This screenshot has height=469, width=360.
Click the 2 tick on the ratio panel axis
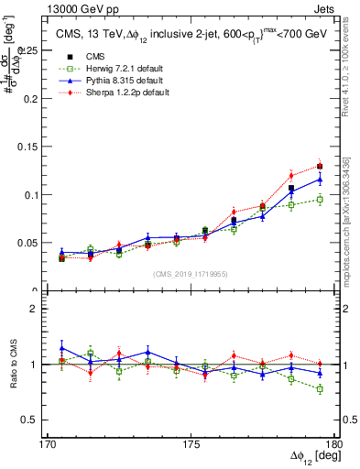point(46,309)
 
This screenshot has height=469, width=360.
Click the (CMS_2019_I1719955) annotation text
point(191,273)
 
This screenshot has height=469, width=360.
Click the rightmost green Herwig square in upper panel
point(320,199)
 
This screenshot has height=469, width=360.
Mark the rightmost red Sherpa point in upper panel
point(320,166)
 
